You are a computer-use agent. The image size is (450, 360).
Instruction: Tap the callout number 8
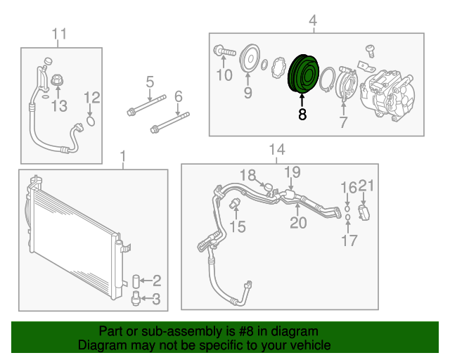click(x=302, y=115)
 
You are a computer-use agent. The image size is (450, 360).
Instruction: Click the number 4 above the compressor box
click(x=312, y=22)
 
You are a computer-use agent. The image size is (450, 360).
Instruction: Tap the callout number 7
click(x=343, y=124)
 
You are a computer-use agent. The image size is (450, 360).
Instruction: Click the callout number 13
click(x=59, y=107)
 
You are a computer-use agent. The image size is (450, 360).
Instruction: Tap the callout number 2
click(x=157, y=281)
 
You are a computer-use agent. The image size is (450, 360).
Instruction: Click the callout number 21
click(x=364, y=186)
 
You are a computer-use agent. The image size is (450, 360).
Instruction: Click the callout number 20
click(x=298, y=223)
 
